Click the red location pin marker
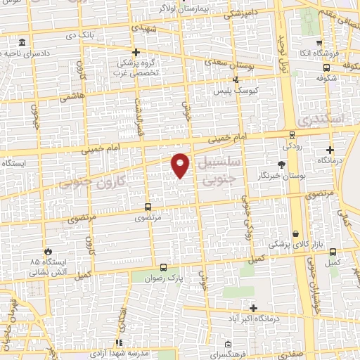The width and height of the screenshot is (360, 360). pos(181,164)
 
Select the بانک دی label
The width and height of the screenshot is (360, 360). pos(79,34)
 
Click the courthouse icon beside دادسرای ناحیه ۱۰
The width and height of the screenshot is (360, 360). pos(23,43)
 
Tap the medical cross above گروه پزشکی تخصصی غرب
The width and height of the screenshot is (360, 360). pos(136,52)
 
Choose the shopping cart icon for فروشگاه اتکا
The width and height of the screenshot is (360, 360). pos(319,42)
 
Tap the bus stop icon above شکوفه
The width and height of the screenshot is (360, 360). pos(327,68)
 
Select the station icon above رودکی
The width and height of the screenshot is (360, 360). pos(292,135)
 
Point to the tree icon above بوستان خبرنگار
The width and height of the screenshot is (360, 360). pos(281,164)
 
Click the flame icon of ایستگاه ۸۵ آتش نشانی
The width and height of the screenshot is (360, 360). pos(48,251)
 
